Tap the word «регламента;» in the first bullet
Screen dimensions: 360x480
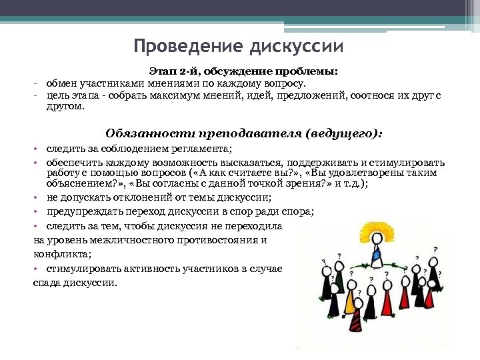[x=203, y=149]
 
